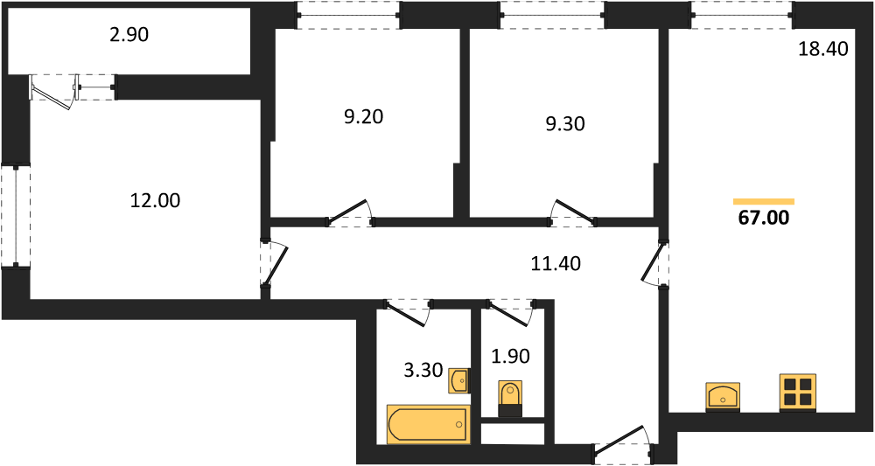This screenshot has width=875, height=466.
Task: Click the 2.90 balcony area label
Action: point(129,35)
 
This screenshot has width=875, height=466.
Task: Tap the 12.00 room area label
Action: point(155,200)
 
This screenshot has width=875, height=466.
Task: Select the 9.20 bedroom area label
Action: point(364,117)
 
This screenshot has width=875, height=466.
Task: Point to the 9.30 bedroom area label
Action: point(565,123)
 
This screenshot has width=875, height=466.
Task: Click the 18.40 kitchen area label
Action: point(822,49)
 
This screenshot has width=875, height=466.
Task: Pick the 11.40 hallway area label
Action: point(556,262)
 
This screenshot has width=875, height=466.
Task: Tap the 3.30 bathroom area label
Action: point(423,370)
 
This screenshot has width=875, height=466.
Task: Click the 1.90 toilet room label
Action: point(510,356)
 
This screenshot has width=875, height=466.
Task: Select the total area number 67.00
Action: point(763,218)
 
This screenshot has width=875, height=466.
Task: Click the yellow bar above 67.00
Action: point(763,201)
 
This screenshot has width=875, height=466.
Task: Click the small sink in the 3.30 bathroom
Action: point(458,381)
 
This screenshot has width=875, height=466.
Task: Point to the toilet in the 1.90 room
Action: point(510,399)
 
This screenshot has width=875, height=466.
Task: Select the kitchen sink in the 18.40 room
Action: point(723,397)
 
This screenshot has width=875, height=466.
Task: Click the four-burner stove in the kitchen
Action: point(797,393)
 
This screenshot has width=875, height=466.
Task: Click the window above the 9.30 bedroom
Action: point(553,15)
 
